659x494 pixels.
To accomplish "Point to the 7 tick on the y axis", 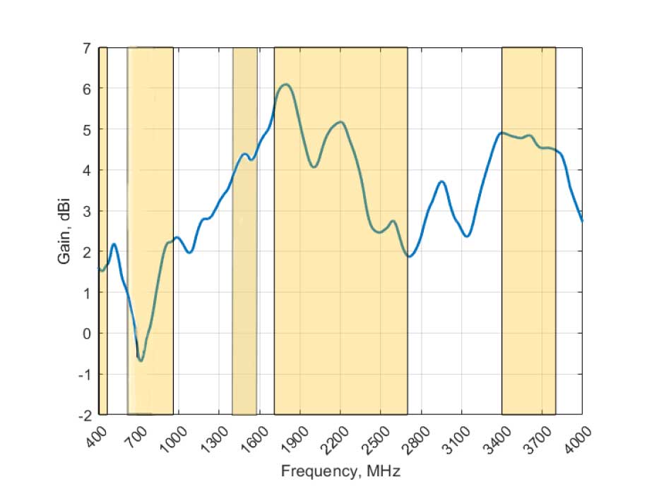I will pos(86,48).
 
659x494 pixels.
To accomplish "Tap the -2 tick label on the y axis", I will pos(83,414).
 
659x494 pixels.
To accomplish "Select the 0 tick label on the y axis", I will pos(86,333).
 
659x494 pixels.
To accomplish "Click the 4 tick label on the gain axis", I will pos(86,170).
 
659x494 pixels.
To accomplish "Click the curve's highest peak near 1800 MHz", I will pos(285,85).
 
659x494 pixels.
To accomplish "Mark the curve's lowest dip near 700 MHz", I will pos(141,361).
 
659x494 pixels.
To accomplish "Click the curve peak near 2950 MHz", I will pos(441,181).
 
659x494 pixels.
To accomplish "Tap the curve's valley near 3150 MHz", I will pos(467,236).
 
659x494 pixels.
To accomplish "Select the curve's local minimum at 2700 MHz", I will pos(409,256).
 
